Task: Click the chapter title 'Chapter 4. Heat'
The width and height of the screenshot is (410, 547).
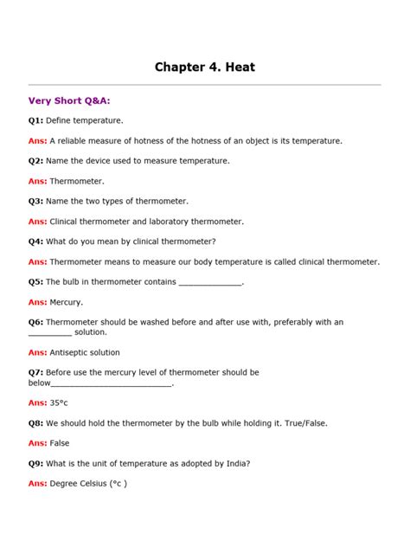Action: (204, 66)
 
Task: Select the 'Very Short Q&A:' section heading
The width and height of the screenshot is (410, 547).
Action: (69, 100)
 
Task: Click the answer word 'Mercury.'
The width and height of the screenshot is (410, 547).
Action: (67, 302)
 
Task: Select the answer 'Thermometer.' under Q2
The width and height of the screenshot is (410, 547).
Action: (77, 181)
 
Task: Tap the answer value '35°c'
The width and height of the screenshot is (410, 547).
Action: (59, 402)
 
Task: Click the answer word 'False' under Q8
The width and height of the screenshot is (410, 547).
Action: (60, 443)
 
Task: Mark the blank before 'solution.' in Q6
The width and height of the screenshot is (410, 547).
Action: (50, 333)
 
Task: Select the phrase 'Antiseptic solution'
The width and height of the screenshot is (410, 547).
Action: (85, 352)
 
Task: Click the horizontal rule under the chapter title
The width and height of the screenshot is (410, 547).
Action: (204, 85)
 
